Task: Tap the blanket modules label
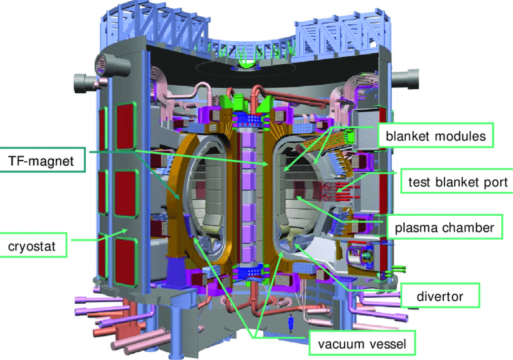coord(436,135)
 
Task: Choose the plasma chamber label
coord(445,227)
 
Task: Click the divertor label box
coord(440,296)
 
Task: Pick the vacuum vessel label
coord(362,343)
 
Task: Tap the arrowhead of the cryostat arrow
coord(125,230)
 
